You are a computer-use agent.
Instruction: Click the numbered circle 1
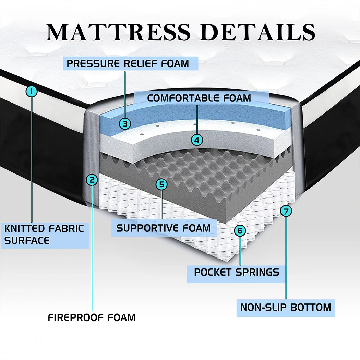[32, 92]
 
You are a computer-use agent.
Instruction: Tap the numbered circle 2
[92, 180]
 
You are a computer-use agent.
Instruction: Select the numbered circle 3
[125, 124]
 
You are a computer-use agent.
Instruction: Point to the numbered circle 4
[197, 140]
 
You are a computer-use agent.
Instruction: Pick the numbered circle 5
[161, 184]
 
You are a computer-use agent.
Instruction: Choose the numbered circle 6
[240, 230]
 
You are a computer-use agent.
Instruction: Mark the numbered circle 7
[286, 211]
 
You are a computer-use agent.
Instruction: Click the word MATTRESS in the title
[118, 32]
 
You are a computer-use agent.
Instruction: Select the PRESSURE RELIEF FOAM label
[128, 63]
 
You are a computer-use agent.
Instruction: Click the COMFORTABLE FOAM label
[199, 98]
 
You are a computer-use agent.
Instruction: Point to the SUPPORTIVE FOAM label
[164, 228]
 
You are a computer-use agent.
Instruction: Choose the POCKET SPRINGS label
[237, 272]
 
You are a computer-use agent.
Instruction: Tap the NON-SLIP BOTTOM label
[286, 308]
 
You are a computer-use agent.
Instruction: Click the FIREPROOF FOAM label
[92, 318]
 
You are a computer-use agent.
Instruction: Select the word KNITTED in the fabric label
[25, 229]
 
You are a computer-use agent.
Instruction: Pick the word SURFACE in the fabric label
[27, 241]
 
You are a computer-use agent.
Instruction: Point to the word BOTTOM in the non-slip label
[311, 308]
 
